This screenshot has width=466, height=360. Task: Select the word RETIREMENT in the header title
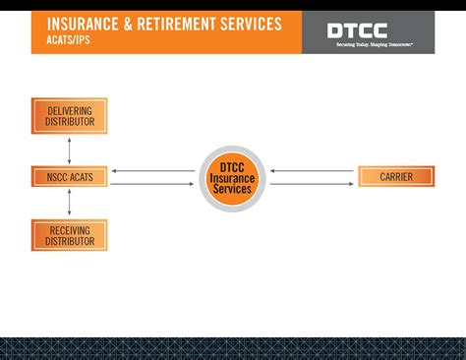point(182,24)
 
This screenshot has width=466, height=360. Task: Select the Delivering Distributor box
point(69,116)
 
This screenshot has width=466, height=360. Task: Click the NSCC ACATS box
point(69,177)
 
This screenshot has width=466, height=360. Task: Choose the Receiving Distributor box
point(69,235)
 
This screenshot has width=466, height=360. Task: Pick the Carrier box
point(396,177)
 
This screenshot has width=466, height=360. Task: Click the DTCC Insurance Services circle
point(232,178)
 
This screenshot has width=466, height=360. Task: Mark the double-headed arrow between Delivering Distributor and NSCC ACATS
point(69,150)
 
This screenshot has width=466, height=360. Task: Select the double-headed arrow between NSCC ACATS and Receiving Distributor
point(69,203)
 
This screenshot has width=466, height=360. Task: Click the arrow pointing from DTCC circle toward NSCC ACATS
point(152,171)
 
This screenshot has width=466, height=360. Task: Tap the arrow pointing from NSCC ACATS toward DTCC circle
point(152,184)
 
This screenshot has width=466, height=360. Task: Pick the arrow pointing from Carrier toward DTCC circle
point(312,171)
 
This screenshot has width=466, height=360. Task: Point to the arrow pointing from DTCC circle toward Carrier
point(312,184)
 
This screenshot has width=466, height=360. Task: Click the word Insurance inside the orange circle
point(232,178)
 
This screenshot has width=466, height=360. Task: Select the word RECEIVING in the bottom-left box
point(69,229)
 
